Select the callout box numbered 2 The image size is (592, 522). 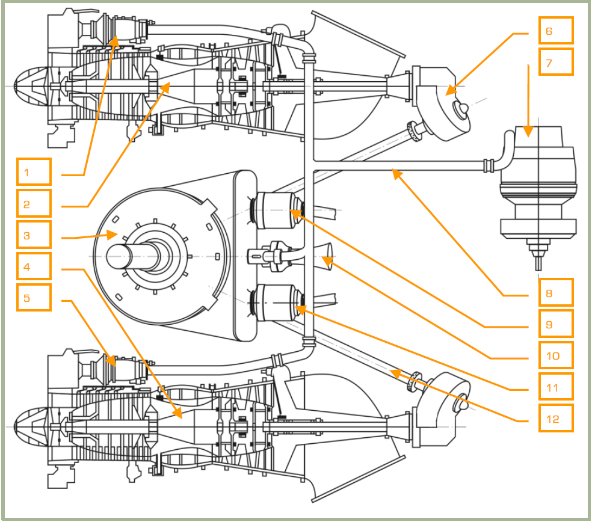click(x=34, y=204)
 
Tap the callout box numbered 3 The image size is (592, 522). click(x=34, y=236)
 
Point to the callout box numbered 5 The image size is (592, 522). click(x=34, y=297)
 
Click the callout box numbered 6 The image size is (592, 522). click(x=556, y=31)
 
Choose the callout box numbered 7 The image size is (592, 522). click(x=556, y=61)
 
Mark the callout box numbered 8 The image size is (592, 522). click(x=556, y=293)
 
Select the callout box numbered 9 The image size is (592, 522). click(x=556, y=324)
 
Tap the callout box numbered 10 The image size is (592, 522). click(x=556, y=355)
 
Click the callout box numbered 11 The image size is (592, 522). click(x=556, y=387)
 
